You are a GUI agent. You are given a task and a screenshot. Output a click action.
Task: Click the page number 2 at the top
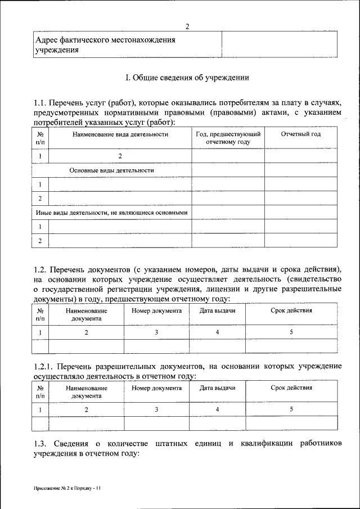tap(188, 26)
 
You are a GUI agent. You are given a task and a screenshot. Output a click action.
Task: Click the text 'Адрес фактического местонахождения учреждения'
tap(105, 45)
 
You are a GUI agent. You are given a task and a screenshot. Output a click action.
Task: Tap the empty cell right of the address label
tap(280, 45)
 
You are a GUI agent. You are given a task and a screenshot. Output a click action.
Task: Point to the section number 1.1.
tap(40, 102)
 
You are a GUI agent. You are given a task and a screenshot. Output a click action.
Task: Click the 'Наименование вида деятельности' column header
tap(120, 134)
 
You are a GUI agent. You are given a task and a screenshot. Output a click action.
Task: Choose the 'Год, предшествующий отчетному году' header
tap(228, 138)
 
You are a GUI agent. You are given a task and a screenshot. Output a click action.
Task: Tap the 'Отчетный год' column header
tap(300, 134)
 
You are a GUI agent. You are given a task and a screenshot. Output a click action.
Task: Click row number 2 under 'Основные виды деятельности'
tap(40, 199)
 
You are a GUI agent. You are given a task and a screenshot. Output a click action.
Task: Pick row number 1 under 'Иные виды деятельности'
tap(40, 227)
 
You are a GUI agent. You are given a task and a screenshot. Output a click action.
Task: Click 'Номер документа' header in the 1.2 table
tap(156, 310)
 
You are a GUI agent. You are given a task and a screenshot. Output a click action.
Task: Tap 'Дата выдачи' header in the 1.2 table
tap(217, 310)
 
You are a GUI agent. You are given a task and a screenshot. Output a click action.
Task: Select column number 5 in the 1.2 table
tap(291, 332)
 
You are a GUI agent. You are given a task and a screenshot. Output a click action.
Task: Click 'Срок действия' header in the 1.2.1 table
tap(291, 388)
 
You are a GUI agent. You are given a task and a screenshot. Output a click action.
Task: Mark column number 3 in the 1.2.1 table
tap(156, 409)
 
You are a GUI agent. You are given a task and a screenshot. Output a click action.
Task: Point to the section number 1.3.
tap(40, 444)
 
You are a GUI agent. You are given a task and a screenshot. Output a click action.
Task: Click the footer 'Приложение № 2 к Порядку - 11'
tap(67, 489)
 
